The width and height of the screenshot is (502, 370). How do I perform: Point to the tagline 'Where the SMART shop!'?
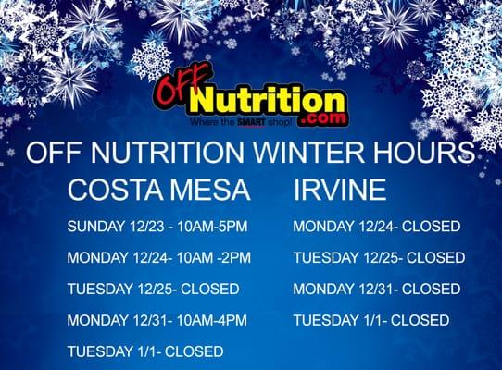click(x=240, y=121)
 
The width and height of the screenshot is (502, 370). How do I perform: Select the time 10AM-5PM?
click(x=214, y=226)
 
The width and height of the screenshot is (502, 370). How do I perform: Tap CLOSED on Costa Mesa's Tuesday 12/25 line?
click(x=210, y=289)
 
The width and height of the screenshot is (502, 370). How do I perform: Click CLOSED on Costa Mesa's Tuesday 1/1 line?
click(x=195, y=351)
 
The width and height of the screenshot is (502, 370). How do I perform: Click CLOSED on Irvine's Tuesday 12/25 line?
click(x=435, y=257)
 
